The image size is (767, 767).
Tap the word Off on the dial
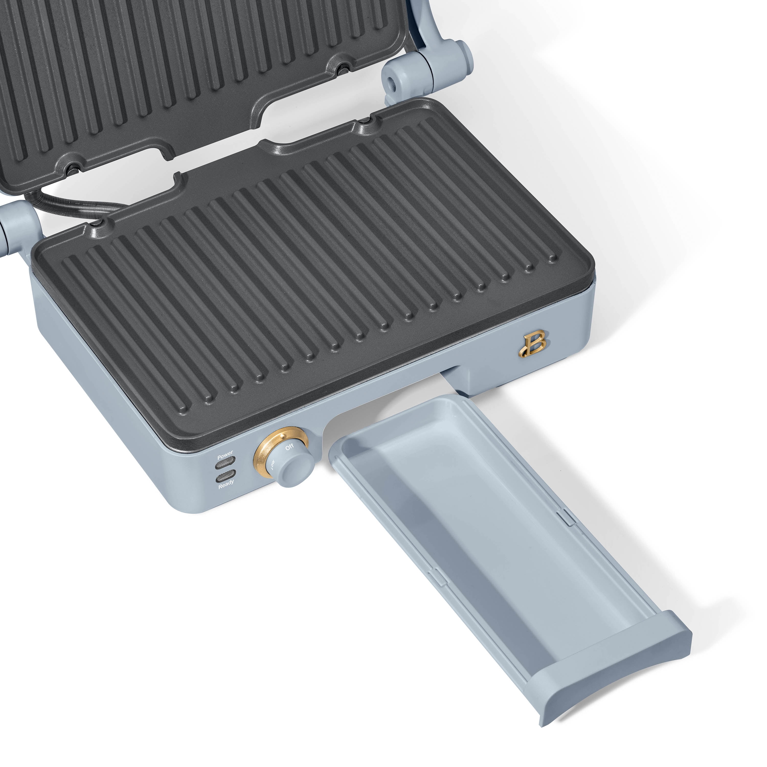tap(289, 447)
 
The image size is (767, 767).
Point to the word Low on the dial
tap(274, 464)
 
